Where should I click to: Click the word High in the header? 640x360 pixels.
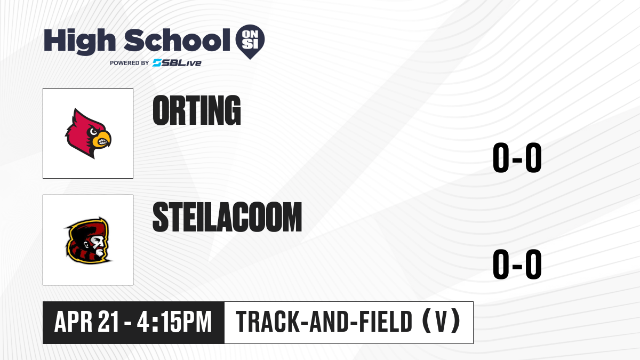(79, 41)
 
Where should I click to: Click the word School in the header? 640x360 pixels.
(177, 39)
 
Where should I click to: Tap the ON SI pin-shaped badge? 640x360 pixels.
(250, 42)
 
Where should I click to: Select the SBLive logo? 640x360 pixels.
(177, 63)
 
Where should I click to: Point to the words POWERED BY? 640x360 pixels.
(130, 63)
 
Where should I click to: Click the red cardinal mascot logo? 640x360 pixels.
(88, 133)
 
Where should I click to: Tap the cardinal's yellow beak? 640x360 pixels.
(102, 139)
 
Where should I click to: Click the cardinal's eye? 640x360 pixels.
(93, 132)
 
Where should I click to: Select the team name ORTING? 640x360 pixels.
(197, 110)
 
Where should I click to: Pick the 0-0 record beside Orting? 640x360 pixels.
(517, 157)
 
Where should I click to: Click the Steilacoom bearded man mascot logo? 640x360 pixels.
(89, 241)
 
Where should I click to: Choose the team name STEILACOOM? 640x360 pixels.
(227, 217)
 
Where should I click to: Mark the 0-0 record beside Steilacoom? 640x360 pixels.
(517, 264)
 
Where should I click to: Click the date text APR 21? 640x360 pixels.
(86, 322)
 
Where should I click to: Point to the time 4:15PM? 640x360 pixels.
(174, 322)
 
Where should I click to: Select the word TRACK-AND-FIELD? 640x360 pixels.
(324, 322)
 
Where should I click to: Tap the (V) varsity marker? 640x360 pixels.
(442, 322)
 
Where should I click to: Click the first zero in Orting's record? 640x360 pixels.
(501, 157)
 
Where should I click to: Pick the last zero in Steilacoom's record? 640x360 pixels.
(533, 264)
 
